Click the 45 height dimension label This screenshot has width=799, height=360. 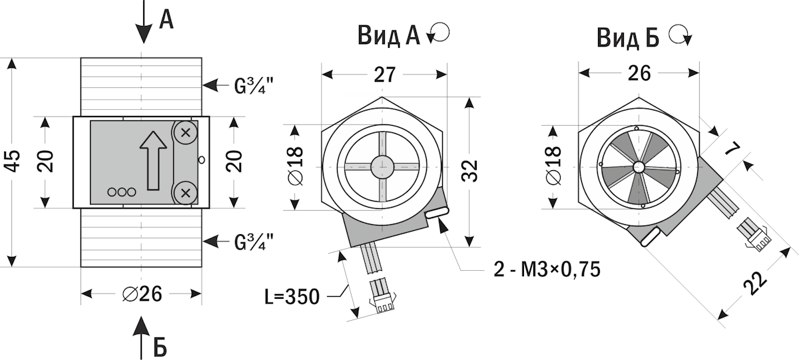tap(15, 162)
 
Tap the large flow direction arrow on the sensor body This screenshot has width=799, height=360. tap(152, 159)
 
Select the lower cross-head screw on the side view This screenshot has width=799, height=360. tap(186, 193)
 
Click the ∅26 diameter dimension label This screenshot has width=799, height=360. tap(142, 293)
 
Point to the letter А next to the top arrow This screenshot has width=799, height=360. tap(166, 19)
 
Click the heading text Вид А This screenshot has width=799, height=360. tap(388, 35)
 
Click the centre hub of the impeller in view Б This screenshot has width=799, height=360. tap(639, 166)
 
